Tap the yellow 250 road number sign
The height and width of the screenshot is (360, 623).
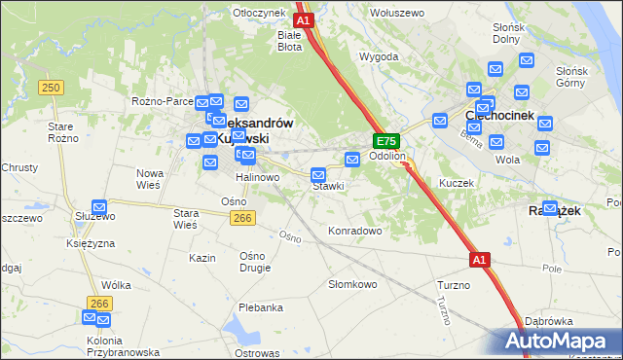click(52, 88)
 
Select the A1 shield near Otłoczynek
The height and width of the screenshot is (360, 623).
click(303, 19)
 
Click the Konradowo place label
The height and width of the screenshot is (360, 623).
click(354, 232)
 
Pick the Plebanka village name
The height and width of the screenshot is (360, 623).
click(260, 307)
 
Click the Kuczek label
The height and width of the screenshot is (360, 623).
click(456, 183)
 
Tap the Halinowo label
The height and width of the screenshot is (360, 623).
click(257, 178)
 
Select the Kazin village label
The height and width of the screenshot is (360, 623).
click(202, 258)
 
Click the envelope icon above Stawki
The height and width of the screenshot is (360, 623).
click(318, 175)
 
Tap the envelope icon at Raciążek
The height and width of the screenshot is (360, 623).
click(550, 208)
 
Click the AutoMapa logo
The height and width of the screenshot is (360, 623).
click(560, 341)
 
